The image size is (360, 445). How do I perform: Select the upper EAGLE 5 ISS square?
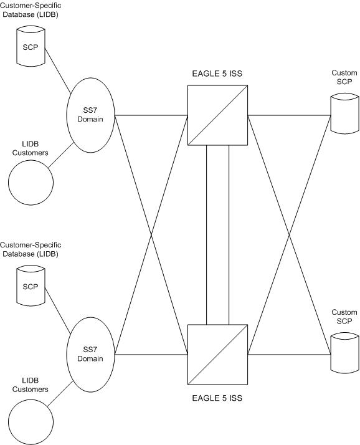217,115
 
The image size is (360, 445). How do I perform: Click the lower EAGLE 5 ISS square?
217,355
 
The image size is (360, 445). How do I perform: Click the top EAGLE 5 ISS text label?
217,74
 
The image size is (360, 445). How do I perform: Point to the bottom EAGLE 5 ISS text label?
217,397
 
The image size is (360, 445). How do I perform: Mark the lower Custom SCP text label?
344,316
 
